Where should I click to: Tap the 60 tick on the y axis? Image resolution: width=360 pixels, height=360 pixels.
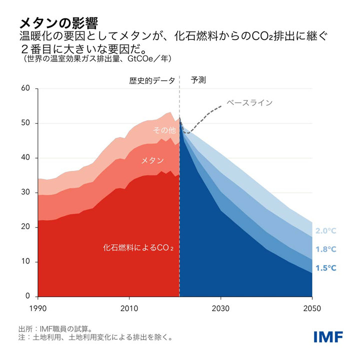click(x=26, y=89)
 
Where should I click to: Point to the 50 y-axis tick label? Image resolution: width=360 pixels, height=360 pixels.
click(x=26, y=123)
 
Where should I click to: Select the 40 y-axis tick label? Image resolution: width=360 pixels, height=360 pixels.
click(x=26, y=158)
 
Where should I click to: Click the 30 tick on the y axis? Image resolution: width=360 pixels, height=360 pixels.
click(x=26, y=193)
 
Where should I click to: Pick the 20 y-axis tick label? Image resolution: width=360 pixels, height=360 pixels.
click(x=26, y=227)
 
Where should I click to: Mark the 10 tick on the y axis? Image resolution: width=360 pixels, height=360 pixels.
click(x=26, y=262)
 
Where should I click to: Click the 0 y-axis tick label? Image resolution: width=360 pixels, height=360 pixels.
click(x=28, y=297)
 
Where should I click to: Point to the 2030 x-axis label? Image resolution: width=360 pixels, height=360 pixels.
click(x=221, y=308)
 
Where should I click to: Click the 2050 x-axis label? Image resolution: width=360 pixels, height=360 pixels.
click(x=312, y=308)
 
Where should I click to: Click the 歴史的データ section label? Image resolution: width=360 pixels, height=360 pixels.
click(x=152, y=80)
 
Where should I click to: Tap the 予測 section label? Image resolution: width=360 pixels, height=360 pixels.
click(x=198, y=80)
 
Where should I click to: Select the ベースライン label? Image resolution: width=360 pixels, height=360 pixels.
click(x=249, y=102)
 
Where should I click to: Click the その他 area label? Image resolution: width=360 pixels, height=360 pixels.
click(x=164, y=131)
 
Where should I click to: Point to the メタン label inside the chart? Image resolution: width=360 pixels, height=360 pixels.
click(x=152, y=160)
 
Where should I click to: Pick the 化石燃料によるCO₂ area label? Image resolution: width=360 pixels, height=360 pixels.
click(x=141, y=247)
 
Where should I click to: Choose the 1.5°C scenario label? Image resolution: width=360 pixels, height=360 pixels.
click(x=326, y=268)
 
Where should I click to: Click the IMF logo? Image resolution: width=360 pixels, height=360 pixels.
click(x=328, y=336)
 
